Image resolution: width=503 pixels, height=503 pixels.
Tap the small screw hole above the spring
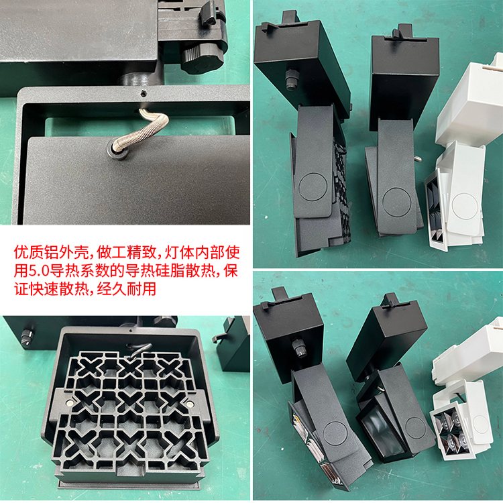pos(144,94)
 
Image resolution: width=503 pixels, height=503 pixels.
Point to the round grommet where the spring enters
pos(119,150)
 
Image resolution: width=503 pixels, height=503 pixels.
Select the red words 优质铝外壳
pos(51,252)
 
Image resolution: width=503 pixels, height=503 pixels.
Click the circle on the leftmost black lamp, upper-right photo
pos(313,187)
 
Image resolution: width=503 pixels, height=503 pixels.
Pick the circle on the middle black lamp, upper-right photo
pos(397,202)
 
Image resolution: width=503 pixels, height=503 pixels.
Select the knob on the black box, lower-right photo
pos(300,348)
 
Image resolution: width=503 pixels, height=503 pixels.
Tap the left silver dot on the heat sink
pos(69,402)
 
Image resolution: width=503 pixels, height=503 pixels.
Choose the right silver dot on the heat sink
pos(190,403)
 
